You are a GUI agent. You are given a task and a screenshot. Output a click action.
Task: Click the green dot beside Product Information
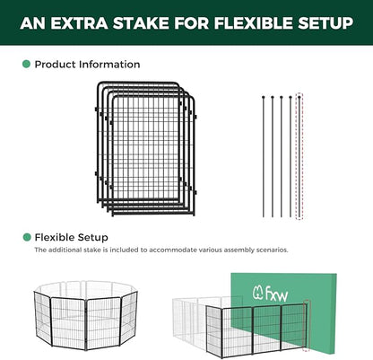point(26,65)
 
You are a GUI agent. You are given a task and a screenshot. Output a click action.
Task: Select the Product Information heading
point(87,65)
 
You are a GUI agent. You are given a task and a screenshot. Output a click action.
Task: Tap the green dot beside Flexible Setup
point(26,237)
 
